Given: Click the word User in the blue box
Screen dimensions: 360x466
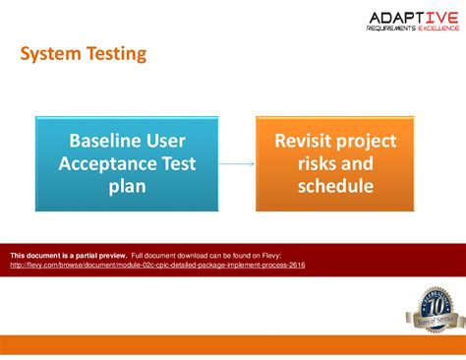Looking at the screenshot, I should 164,140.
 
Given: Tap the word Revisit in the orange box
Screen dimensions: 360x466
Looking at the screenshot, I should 297,140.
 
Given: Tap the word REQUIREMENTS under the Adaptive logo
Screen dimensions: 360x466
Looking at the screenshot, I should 388,30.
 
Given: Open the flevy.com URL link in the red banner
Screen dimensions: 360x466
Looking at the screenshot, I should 157,265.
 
